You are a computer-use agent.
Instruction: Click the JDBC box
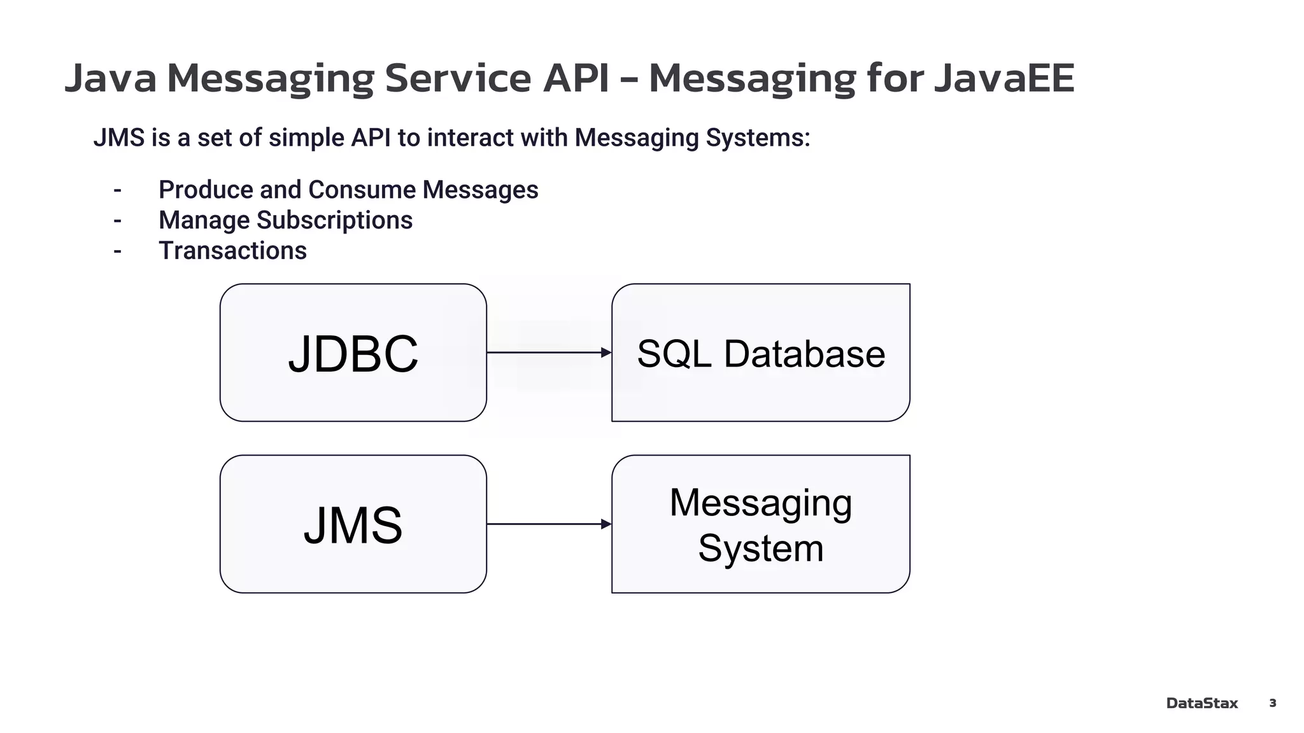(353, 353)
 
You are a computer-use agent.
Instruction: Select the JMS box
(353, 524)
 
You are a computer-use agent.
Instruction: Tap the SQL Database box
(760, 353)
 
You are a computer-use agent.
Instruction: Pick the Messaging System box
(760, 524)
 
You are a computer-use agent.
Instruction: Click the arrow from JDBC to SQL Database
(548, 353)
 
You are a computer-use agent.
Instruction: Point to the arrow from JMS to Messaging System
(548, 524)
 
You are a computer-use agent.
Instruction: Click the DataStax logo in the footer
(1201, 703)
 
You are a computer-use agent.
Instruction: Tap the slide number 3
(1272, 703)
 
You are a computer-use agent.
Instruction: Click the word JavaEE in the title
(1004, 78)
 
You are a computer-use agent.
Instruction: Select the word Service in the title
(457, 78)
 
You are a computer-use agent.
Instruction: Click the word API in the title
(576, 78)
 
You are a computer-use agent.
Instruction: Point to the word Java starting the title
(111, 78)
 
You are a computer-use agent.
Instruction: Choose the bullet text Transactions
(232, 251)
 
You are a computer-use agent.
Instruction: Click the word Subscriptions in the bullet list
(334, 221)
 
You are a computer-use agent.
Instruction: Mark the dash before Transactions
(117, 251)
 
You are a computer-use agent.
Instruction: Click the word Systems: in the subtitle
(758, 138)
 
